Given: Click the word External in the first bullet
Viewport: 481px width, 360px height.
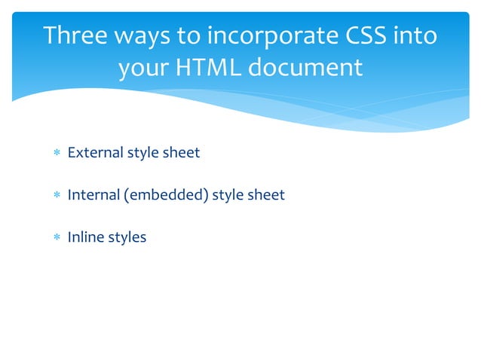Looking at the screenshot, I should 95,153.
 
